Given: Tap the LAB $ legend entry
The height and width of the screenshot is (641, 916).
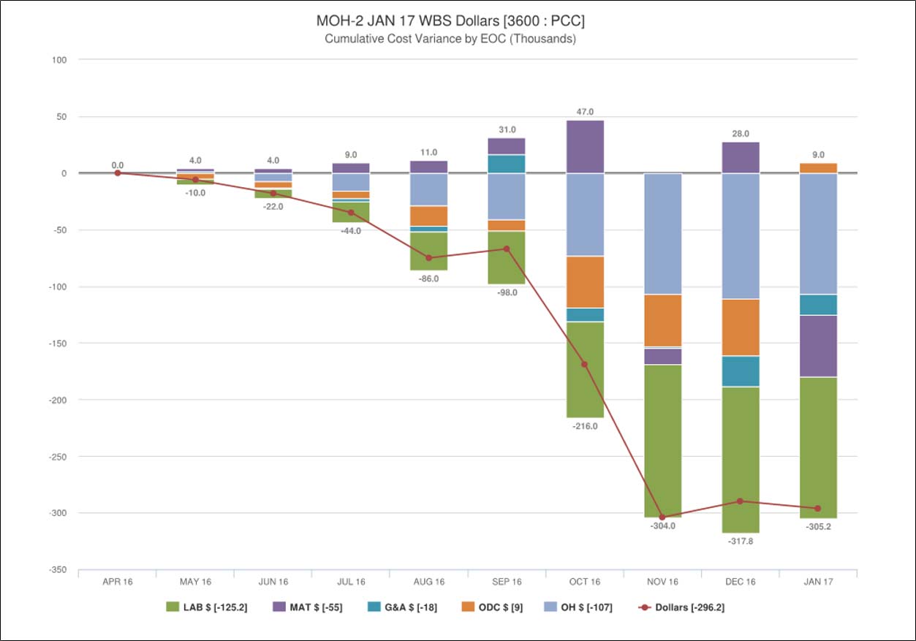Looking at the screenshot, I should pyautogui.click(x=207, y=607).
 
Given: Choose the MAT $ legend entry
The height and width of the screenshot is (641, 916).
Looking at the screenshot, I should pyautogui.click(x=307, y=607).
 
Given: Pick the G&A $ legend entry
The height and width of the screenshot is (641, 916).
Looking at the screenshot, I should pyautogui.click(x=403, y=607).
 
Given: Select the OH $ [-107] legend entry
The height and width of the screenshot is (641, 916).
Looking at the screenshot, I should pyautogui.click(x=579, y=607).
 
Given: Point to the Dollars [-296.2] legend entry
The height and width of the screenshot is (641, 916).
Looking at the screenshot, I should pyautogui.click(x=681, y=607).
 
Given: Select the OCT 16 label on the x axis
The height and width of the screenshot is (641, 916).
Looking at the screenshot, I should pyautogui.click(x=584, y=582).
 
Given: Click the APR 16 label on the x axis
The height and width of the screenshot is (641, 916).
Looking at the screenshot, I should pyautogui.click(x=117, y=582).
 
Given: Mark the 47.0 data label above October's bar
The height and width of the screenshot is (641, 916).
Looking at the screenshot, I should pyautogui.click(x=584, y=112).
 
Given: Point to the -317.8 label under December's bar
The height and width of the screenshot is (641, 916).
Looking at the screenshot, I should pyautogui.click(x=740, y=542).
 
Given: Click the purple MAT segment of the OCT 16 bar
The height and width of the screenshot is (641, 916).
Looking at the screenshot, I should pyautogui.click(x=584, y=146).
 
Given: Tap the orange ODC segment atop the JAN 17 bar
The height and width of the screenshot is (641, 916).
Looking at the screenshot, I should pyautogui.click(x=818, y=168).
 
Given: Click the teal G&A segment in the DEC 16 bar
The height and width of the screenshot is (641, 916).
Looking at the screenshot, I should pyautogui.click(x=740, y=371).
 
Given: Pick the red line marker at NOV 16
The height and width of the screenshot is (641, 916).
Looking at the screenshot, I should pyautogui.click(x=662, y=517).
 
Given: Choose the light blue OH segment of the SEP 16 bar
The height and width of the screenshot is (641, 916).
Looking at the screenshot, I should pyautogui.click(x=506, y=196).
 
